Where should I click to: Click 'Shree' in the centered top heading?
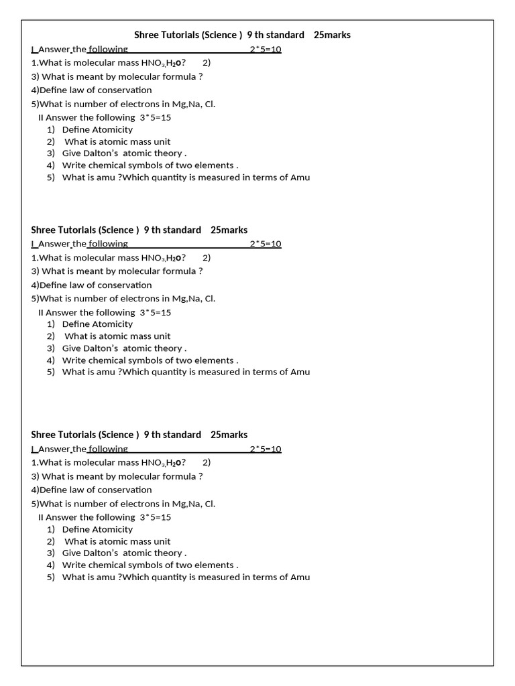click(x=146, y=35)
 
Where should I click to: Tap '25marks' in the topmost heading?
click(x=332, y=35)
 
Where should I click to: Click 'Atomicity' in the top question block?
click(x=112, y=129)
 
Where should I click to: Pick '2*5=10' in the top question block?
click(x=266, y=50)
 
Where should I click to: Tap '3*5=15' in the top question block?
click(x=156, y=117)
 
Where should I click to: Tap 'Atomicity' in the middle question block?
click(x=112, y=324)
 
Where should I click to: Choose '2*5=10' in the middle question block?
click(x=266, y=245)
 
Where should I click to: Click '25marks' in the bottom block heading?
click(x=229, y=435)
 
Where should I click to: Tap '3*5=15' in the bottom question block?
click(x=156, y=517)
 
